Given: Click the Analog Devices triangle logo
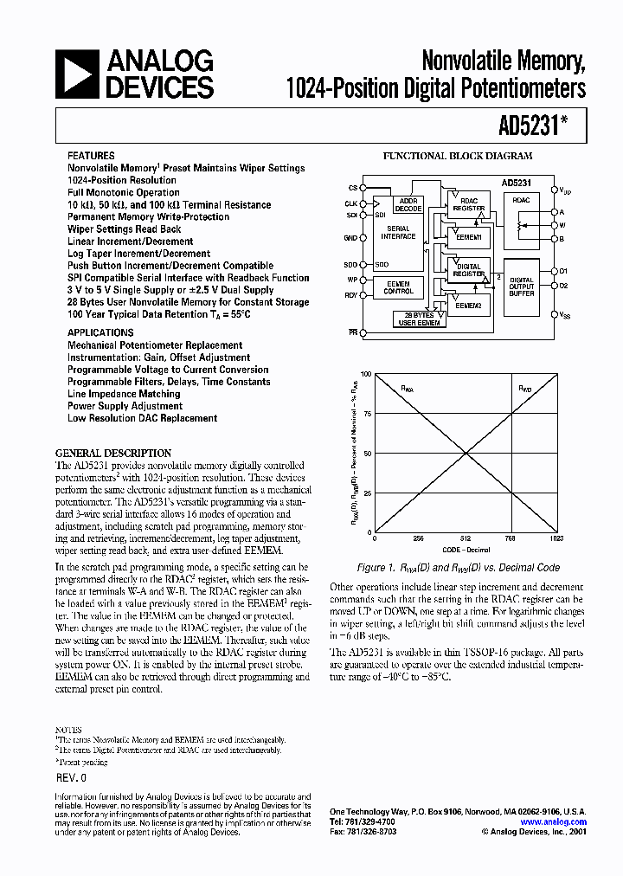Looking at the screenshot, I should (x=75, y=74).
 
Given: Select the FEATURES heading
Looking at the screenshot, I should (x=91, y=156).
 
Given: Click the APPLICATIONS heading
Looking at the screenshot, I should (x=100, y=332).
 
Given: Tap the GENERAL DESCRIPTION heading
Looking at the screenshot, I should (x=113, y=453).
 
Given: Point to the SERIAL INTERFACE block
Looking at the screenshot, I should (x=398, y=232).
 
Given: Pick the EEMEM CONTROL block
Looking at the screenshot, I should (x=398, y=287).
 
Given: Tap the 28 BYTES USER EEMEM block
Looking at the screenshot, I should (x=419, y=319).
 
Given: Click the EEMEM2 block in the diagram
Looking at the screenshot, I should (x=468, y=305).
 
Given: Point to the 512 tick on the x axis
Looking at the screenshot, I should (x=466, y=538).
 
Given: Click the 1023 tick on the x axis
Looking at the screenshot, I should (x=556, y=538).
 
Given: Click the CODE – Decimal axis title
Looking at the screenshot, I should (x=466, y=550).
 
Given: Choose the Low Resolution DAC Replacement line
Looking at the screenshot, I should (x=142, y=418).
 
